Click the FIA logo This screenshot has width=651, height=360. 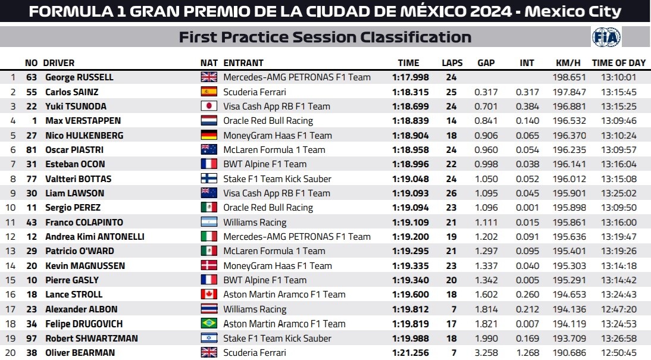[606, 37]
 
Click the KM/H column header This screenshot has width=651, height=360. [568, 63]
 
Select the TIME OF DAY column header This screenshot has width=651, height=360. [619, 63]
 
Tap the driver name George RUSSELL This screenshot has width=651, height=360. [79, 77]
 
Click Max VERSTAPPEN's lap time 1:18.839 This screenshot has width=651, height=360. [410, 121]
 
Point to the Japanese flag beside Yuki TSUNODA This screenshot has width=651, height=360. [209, 106]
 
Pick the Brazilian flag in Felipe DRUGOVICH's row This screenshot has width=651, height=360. [209, 324]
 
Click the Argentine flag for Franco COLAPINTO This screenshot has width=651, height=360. [209, 222]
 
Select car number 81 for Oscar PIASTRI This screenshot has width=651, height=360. [32, 150]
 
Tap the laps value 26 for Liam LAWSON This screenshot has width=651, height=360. [451, 193]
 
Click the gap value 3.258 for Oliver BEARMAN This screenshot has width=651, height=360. [486, 352]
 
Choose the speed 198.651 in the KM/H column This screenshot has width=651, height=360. [569, 77]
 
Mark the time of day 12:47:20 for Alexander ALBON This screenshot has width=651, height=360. [619, 309]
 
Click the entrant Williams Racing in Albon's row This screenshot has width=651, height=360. [255, 309]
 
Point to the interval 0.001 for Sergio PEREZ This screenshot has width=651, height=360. [527, 208]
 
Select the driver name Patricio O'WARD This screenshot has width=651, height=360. [80, 251]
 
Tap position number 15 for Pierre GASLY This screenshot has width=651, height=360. [10, 280]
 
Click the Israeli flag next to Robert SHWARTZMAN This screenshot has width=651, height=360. [209, 338]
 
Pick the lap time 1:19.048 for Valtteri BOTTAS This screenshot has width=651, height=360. [410, 179]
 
